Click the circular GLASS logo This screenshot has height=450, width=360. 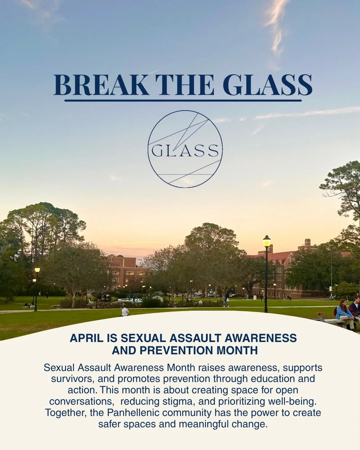coord(185,149)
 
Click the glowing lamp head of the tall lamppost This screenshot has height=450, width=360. coord(266,241)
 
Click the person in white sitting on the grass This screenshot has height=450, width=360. coord(125,312)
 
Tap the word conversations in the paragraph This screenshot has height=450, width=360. coord(82,401)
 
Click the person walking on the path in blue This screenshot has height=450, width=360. coord(226,302)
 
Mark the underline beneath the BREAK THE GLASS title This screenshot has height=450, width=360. coord(183,100)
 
